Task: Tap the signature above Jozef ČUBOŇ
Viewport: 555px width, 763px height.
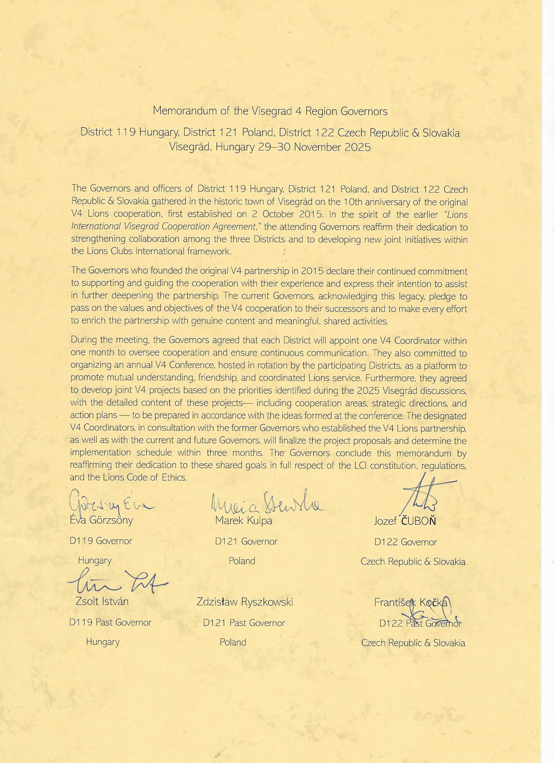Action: [424, 493]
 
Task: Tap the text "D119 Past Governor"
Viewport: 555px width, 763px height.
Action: [110, 622]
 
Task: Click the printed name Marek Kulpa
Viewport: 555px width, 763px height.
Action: [244, 521]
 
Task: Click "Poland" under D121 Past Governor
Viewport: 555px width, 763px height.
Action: [232, 642]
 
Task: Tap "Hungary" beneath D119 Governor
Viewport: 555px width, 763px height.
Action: [95, 560]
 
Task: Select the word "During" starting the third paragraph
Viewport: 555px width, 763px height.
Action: [83, 340]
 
